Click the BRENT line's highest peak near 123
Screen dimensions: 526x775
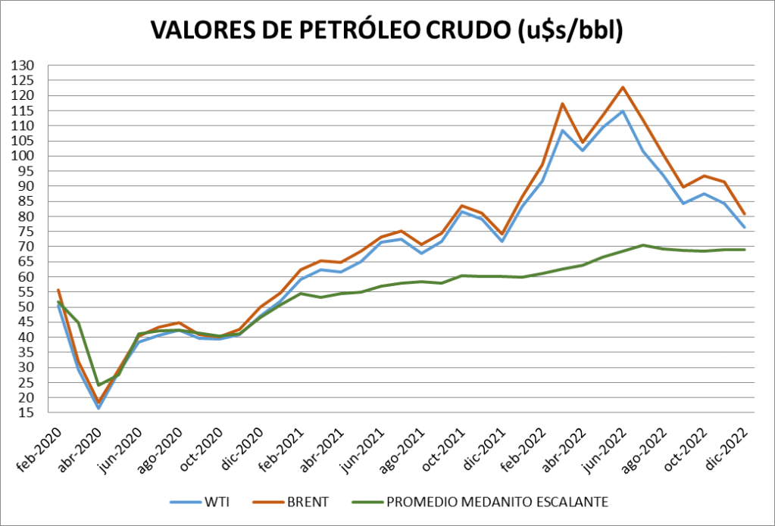pyautogui.click(x=623, y=87)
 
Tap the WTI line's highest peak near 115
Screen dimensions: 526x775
pyautogui.click(x=623, y=111)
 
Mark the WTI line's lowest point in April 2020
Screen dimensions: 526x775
pyautogui.click(x=98, y=409)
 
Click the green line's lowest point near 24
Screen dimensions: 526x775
pyautogui.click(x=98, y=385)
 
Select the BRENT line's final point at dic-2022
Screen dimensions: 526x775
pyautogui.click(x=743, y=213)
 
